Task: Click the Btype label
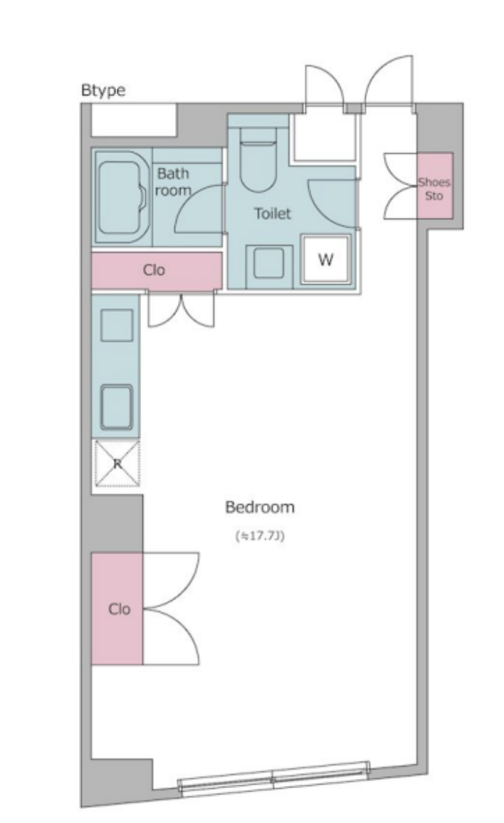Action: [x=103, y=90]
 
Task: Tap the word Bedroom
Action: [x=260, y=507]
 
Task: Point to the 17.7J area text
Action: [x=260, y=536]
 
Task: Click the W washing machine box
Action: [x=325, y=259]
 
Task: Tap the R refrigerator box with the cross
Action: [x=117, y=463]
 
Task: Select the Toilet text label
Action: [x=273, y=214]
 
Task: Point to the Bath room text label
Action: [x=173, y=182]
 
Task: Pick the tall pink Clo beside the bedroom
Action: [x=117, y=608]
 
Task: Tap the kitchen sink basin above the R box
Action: [x=117, y=407]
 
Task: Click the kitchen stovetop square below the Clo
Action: [x=117, y=325]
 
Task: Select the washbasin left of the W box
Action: [x=269, y=263]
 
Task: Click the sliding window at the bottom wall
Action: [x=273, y=777]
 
